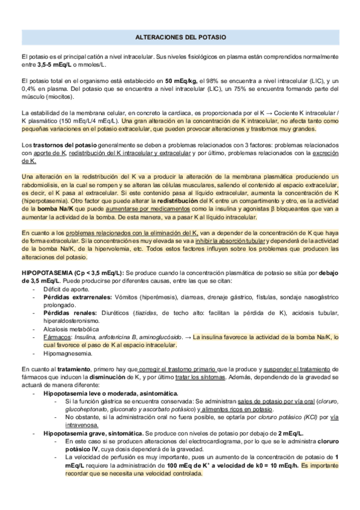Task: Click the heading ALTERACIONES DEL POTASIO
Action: pyautogui.click(x=180, y=37)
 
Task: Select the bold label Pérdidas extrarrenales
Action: pyautogui.click(x=77, y=297)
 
